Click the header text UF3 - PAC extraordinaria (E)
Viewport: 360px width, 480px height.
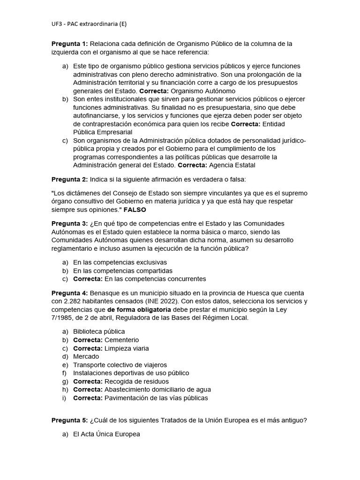tap(89, 24)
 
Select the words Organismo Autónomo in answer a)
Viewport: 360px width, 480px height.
tap(203, 91)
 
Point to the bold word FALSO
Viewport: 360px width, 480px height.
tap(135, 210)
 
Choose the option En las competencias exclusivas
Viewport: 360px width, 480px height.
tap(120, 262)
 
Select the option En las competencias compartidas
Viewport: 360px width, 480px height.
tap(123, 270)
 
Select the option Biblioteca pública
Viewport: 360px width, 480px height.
tap(99, 331)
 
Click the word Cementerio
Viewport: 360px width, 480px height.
tap(121, 340)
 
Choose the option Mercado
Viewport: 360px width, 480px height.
tap(86, 356)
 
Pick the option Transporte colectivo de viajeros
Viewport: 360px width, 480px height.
tap(120, 365)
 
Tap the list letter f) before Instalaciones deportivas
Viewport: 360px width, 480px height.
tap(65, 373)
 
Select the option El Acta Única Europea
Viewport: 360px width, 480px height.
tap(106, 435)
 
